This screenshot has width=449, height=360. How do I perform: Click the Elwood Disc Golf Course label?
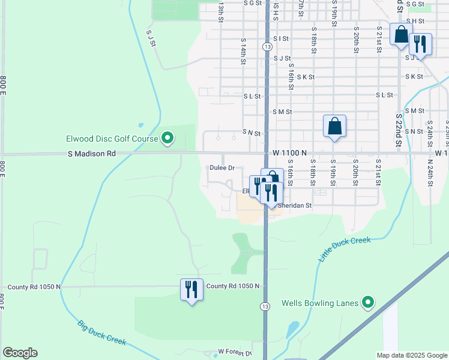(112, 139)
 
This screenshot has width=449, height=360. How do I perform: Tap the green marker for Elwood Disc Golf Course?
(168, 139)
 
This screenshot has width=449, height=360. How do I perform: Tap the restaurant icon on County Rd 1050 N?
(191, 290)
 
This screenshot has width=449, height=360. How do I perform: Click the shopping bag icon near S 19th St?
(334, 127)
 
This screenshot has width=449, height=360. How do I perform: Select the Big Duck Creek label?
(101, 333)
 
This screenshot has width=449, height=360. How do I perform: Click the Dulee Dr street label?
(221, 168)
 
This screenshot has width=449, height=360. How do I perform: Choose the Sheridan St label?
(295, 205)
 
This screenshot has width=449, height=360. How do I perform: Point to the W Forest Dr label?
(235, 352)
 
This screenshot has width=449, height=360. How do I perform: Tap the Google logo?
(20, 353)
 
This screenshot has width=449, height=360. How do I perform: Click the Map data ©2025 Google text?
(411, 355)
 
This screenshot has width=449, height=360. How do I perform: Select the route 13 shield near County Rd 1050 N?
(265, 306)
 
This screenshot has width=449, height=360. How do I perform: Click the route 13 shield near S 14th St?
(266, 46)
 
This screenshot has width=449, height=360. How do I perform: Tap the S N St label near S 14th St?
(252, 132)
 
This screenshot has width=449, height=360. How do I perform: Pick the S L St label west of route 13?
(252, 96)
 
